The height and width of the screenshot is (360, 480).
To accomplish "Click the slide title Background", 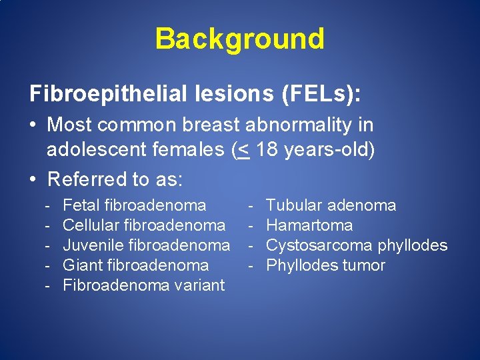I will (x=239, y=39).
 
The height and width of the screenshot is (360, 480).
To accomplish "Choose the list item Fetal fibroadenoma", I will (x=134, y=205).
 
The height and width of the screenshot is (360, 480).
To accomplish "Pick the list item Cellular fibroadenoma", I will (x=143, y=225).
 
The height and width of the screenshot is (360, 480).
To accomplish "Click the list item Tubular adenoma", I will (x=331, y=205).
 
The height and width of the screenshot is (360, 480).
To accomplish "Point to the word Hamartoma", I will (x=309, y=225).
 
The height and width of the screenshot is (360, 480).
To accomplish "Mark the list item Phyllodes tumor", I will (x=325, y=265).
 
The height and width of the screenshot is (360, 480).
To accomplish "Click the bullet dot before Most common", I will (x=34, y=125).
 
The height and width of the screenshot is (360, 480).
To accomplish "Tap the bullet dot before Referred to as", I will (x=34, y=179).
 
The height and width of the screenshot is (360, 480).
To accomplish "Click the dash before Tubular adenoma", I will (x=251, y=205).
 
